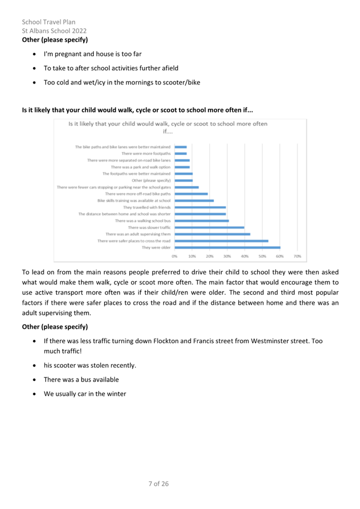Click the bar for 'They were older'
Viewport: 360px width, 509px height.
(227, 247)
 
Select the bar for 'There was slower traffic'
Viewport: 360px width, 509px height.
(210, 227)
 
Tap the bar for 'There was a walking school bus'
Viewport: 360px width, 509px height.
(202, 221)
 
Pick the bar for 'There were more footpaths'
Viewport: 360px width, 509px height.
(181, 153)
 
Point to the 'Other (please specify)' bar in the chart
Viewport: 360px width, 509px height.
(183, 180)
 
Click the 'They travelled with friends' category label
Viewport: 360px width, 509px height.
(147, 207)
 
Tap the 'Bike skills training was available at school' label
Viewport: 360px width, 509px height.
(134, 200)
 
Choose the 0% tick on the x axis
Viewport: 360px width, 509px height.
(174, 257)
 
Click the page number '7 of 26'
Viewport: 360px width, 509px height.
(158, 483)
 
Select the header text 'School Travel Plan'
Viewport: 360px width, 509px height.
(49, 22)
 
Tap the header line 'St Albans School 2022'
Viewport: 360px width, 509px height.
(54, 30)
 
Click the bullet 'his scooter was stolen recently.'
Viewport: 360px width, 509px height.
(90, 366)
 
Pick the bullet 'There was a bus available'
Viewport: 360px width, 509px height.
(81, 379)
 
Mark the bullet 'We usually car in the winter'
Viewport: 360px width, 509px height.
(85, 394)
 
